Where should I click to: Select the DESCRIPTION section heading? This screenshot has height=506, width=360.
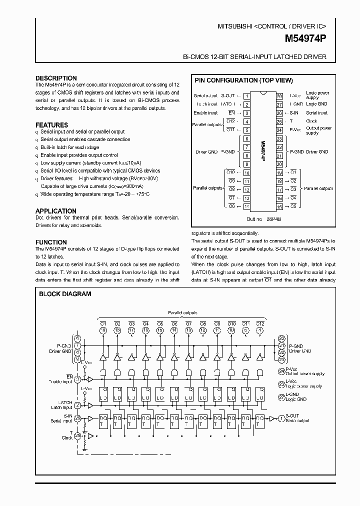pos(56,78)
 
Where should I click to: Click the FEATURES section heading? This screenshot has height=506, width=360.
pos(51,125)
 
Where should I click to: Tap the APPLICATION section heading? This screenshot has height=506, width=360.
pos(55,211)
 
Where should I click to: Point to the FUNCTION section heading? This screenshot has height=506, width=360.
pos(51,242)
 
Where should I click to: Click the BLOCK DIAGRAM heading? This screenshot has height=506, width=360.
pos(65,294)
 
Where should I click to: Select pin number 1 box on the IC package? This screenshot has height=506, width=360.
pos(246,95)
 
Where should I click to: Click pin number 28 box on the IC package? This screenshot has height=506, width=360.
pos(279,95)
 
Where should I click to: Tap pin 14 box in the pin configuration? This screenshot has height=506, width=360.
pos(246,206)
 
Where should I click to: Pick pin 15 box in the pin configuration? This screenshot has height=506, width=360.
pos(279,206)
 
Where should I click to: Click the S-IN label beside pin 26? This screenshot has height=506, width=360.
pos(293,113)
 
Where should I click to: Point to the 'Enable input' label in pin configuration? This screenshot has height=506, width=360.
pos(205,113)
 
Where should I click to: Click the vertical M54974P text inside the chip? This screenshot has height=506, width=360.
pos(262,150)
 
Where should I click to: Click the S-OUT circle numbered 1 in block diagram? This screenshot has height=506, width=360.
pos(281,416)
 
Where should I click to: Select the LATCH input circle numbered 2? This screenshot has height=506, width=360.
pos(77,405)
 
